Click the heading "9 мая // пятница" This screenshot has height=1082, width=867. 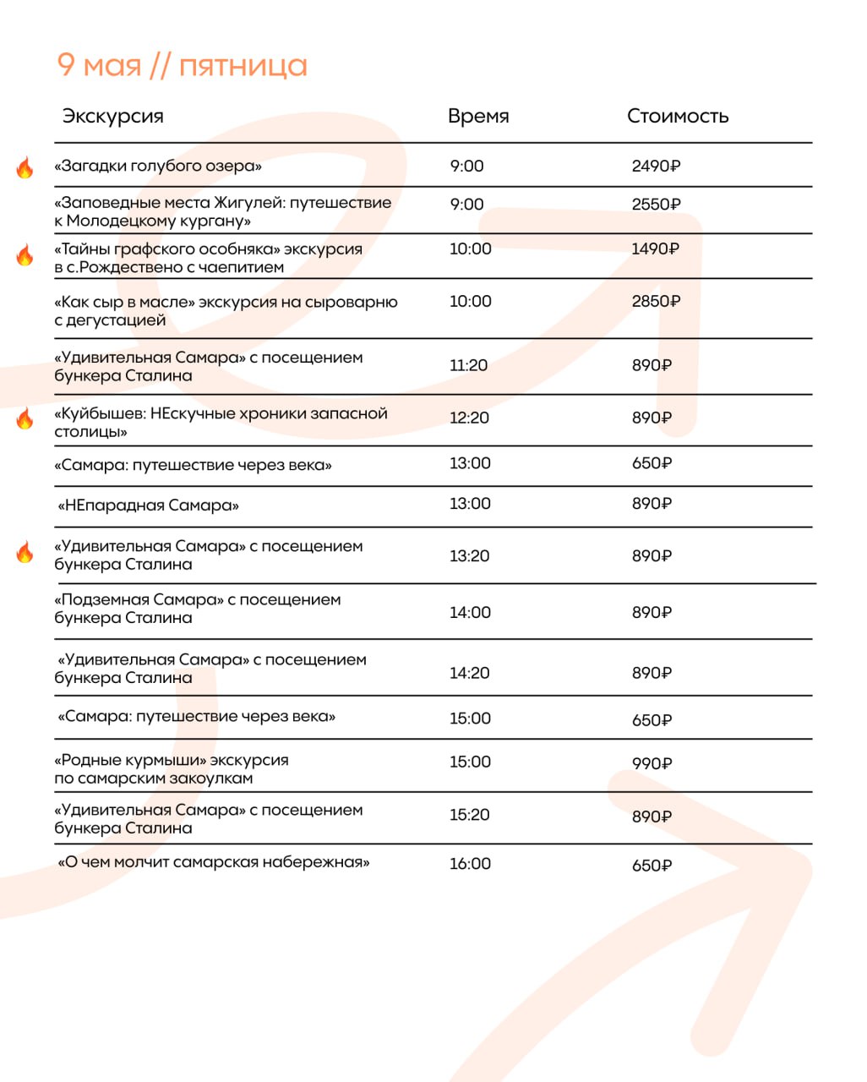pyautogui.click(x=182, y=65)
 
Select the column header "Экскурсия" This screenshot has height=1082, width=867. pyautogui.click(x=112, y=116)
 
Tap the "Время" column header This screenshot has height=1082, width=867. pyautogui.click(x=478, y=116)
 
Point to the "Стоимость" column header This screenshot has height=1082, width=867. pyautogui.click(x=677, y=116)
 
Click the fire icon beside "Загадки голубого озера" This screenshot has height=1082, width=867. pyautogui.click(x=25, y=167)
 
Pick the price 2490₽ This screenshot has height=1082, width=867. pyautogui.click(x=656, y=167)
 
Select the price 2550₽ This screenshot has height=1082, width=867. pyautogui.click(x=656, y=205)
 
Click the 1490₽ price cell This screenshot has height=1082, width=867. pyautogui.click(x=655, y=249)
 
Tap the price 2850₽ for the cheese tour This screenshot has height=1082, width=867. pyautogui.click(x=656, y=302)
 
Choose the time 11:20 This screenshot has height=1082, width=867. pyautogui.click(x=468, y=365)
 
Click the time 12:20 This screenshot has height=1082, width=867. pyautogui.click(x=469, y=418)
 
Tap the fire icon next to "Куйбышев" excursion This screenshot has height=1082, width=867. pyautogui.click(x=25, y=418)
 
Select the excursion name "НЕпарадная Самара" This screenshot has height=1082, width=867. pyautogui.click(x=148, y=505)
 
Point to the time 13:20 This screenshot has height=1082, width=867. pyautogui.click(x=469, y=556)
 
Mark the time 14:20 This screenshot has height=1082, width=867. pyautogui.click(x=469, y=673)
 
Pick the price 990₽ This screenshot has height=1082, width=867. pyautogui.click(x=652, y=764)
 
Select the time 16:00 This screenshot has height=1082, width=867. pyautogui.click(x=470, y=864)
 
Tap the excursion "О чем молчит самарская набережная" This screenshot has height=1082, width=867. pyautogui.click(x=213, y=862)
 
